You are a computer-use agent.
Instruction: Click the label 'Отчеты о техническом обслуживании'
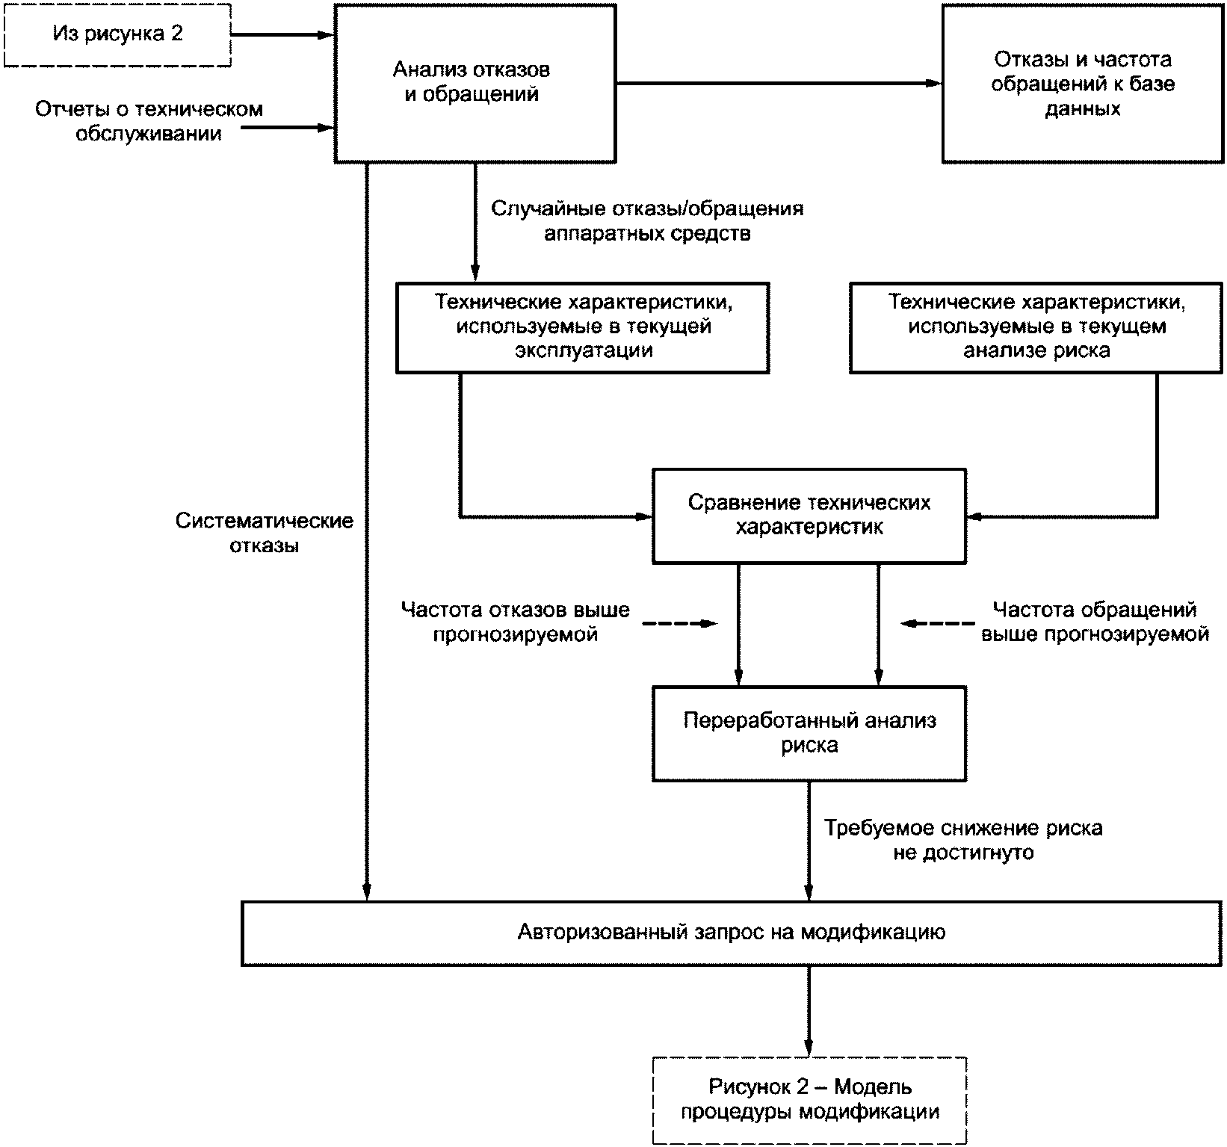[149, 122]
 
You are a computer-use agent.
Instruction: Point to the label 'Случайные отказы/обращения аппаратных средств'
[647, 220]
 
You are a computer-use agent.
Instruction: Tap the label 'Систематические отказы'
[265, 533]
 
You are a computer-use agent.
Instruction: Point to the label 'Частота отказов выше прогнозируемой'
[516, 622]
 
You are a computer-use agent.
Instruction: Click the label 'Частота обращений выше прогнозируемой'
[1095, 622]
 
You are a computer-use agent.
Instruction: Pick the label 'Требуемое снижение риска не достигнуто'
[963, 840]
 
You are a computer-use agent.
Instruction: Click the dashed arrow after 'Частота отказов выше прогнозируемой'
[679, 623]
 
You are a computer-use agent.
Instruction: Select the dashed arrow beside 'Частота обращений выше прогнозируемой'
[937, 623]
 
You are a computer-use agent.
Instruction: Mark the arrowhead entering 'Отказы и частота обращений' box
[933, 83]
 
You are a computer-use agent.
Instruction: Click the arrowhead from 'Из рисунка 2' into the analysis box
[326, 34]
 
